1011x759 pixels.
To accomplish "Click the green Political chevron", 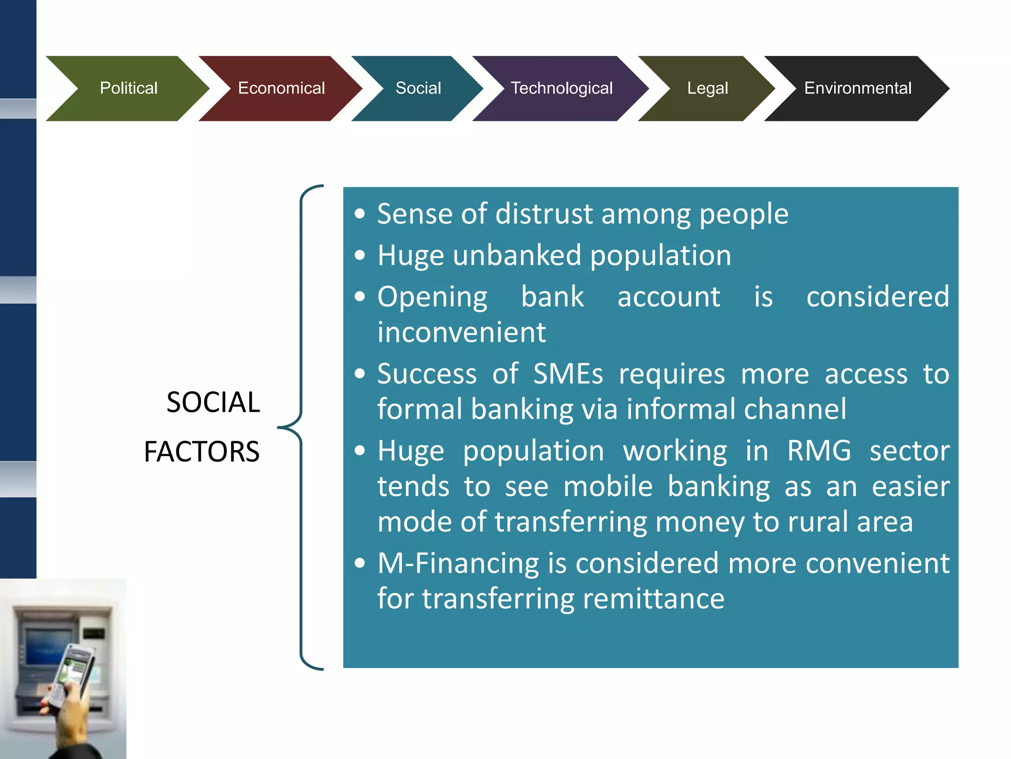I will (x=128, y=88).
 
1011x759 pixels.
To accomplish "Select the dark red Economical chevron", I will (x=281, y=88).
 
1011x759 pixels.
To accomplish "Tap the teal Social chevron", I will (x=418, y=88).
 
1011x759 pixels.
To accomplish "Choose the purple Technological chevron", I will (x=561, y=88).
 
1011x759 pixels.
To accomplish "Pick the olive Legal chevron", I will (x=707, y=88).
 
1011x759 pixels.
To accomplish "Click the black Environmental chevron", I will (x=857, y=88).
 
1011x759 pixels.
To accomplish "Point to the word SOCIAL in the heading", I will (x=213, y=402).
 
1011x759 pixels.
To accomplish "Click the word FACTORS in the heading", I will (x=201, y=452).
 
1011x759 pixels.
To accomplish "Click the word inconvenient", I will (x=462, y=332).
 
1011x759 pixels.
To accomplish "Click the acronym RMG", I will (x=819, y=451).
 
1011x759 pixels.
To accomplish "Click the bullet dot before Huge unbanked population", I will (x=360, y=255).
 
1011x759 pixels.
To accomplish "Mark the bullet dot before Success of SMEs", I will (x=360, y=374).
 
